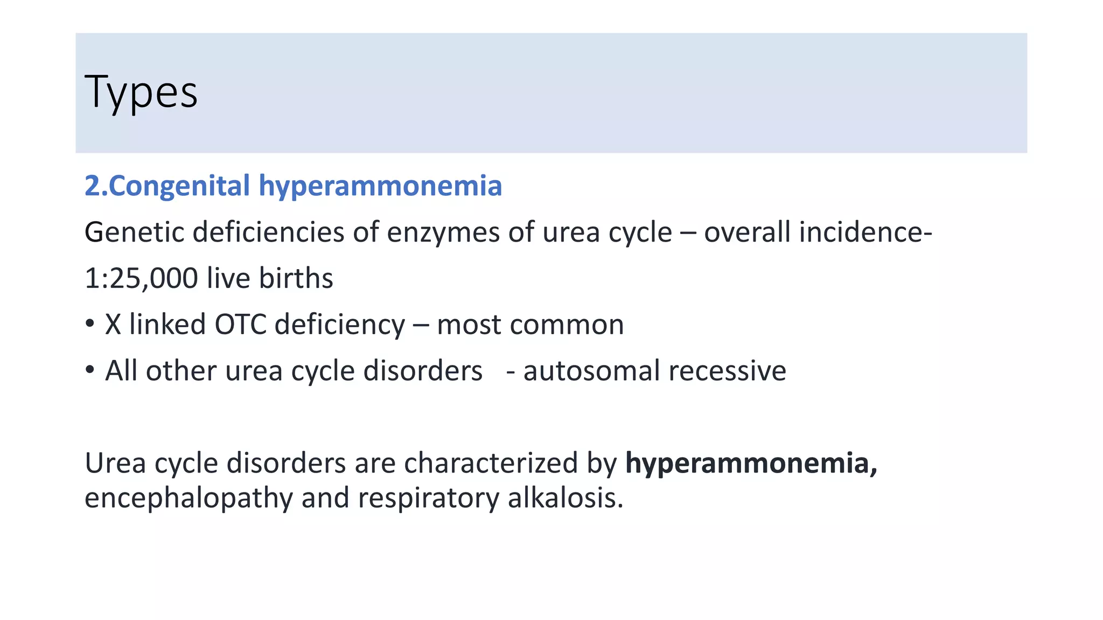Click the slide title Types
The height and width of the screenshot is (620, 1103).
[141, 93]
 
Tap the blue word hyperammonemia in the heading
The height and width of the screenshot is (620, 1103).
[380, 186]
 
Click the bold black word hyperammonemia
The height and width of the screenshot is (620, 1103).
[751, 463]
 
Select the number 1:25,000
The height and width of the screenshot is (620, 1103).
[141, 279]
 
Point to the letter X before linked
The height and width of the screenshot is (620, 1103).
[113, 325]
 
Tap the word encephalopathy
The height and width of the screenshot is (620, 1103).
[189, 498]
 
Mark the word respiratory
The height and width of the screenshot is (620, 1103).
[428, 498]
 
